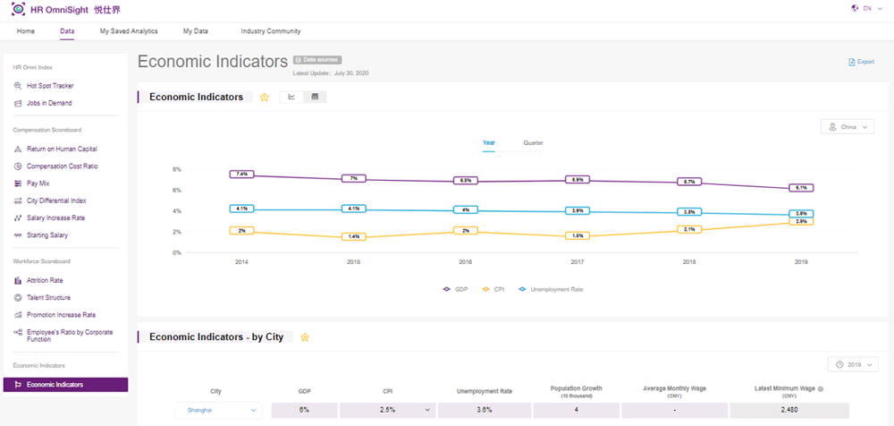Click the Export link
[861, 62]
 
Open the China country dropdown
[847, 127]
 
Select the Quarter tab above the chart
[533, 143]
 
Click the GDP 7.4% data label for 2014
[242, 174]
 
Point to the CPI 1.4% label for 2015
[353, 236]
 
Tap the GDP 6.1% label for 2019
[801, 188]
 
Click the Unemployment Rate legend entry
[554, 289]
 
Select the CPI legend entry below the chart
[494, 289]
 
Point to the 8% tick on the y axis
[176, 169]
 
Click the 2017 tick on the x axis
[578, 262]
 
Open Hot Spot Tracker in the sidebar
[50, 86]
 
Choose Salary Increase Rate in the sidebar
[55, 217]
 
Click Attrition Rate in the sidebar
[44, 280]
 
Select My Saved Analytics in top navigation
[129, 31]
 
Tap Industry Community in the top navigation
[270, 31]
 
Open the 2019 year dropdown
[853, 364]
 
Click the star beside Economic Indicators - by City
[305, 337]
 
